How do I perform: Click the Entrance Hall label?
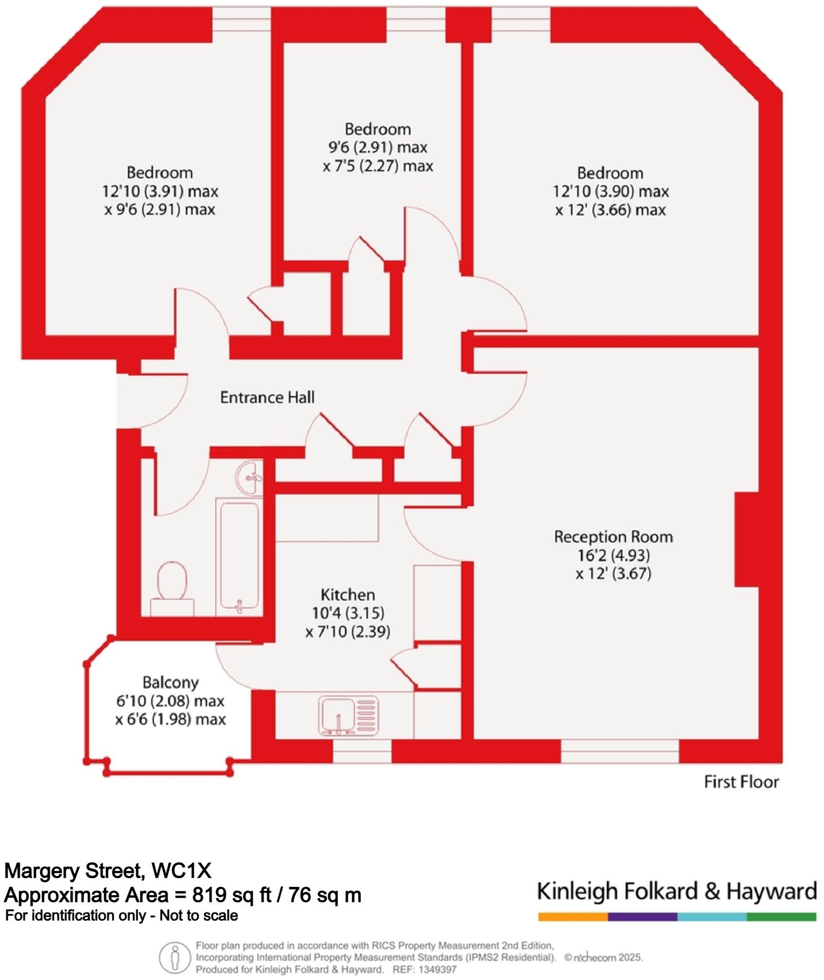(267, 397)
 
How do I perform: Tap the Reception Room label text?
(613, 537)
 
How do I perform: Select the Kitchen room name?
(347, 595)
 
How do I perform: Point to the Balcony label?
(170, 683)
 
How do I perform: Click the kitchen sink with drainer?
(348, 715)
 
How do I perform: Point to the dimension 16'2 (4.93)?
(613, 556)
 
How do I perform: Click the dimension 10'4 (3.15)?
(348, 613)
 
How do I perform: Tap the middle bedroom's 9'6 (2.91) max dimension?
(378, 148)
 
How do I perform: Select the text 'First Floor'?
(741, 782)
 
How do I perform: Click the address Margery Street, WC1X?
(108, 871)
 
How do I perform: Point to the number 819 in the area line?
(209, 895)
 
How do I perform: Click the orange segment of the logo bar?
(572, 917)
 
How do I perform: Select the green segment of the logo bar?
(781, 917)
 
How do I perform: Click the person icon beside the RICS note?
(174, 958)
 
